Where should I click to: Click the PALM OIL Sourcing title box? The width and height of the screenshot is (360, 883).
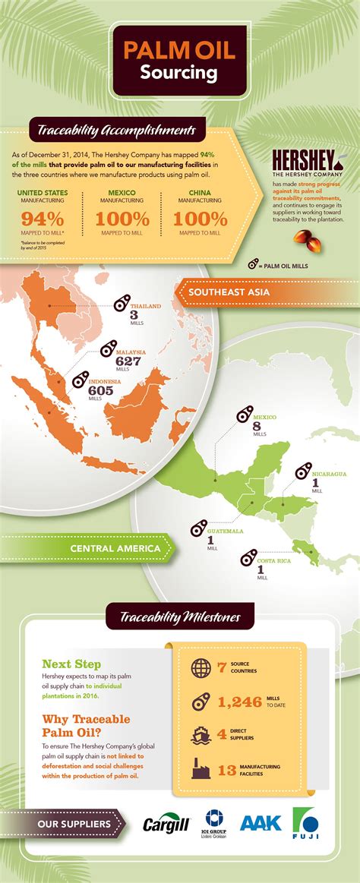click(179, 61)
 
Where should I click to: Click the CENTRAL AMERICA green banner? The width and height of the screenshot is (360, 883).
click(114, 547)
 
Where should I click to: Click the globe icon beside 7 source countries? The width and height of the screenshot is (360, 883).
click(201, 668)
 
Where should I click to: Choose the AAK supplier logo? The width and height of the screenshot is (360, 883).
click(261, 822)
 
